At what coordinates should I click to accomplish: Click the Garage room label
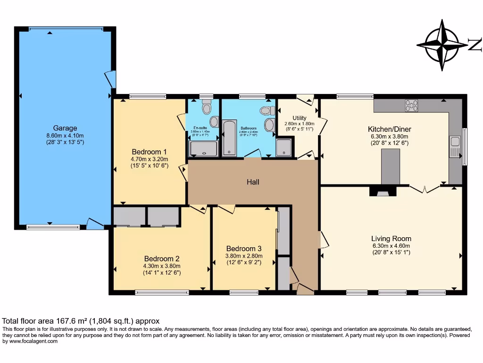click(65, 128)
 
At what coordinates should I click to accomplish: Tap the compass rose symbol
click(442, 45)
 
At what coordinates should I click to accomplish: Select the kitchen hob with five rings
click(411, 105)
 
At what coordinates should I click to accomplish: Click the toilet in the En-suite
click(206, 108)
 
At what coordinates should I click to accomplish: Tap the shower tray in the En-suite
click(203, 149)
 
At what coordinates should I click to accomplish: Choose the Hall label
click(252, 182)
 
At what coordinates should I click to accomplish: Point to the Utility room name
click(299, 118)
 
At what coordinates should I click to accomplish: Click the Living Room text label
click(391, 239)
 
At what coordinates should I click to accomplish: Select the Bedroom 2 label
click(162, 259)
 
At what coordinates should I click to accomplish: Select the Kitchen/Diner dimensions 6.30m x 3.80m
click(390, 136)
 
